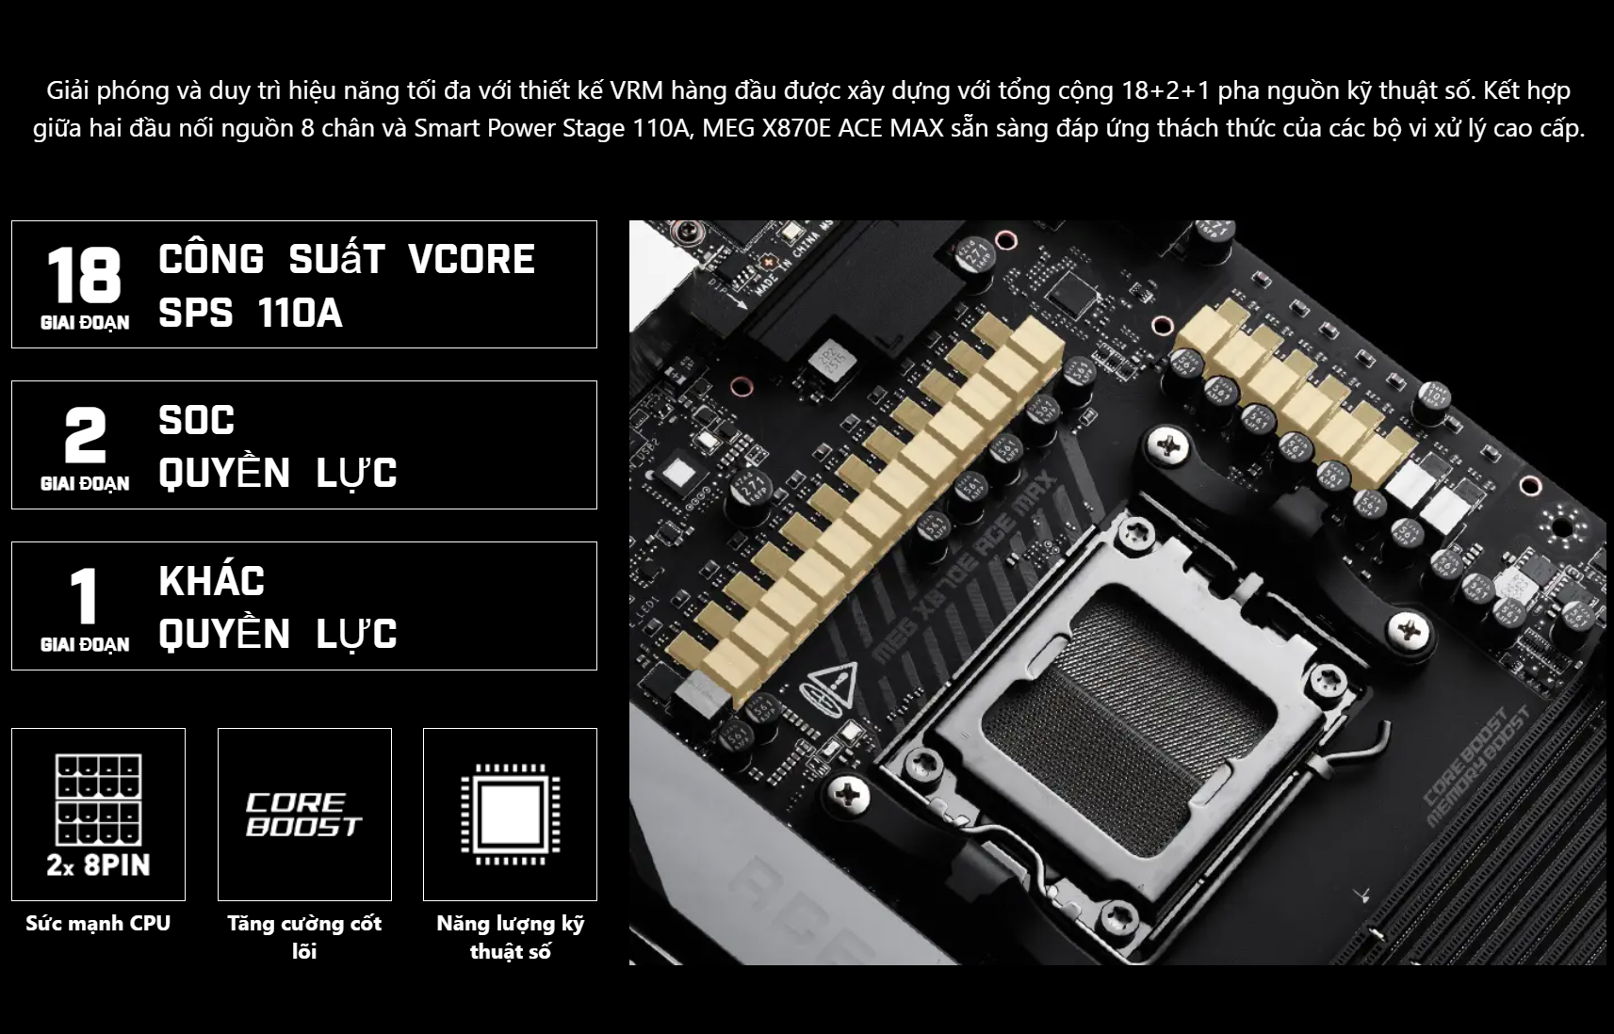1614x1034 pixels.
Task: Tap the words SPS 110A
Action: click(x=250, y=314)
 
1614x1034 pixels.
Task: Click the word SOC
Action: click(x=197, y=420)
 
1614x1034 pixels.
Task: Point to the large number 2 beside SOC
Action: click(x=85, y=435)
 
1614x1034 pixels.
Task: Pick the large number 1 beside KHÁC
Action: click(x=84, y=595)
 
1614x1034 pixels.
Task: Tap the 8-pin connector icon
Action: click(x=99, y=800)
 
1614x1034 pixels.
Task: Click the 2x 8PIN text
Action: click(x=99, y=864)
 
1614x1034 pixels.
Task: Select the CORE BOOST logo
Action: click(x=304, y=815)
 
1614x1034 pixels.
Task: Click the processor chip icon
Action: click(x=510, y=815)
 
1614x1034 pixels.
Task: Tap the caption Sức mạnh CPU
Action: click(x=98, y=923)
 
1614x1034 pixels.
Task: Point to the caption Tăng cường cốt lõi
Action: click(x=304, y=937)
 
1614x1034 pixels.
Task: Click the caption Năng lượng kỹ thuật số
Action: click(x=510, y=937)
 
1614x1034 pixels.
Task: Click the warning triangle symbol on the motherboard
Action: click(x=834, y=686)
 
